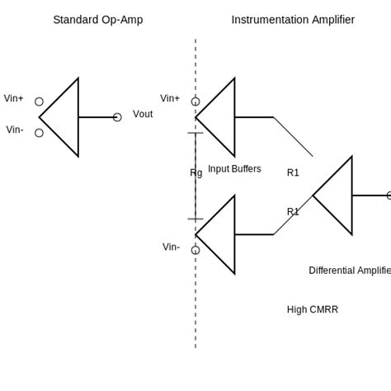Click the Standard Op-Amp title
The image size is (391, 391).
coord(97,20)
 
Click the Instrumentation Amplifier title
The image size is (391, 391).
coord(293,20)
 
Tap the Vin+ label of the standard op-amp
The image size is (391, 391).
coord(14,98)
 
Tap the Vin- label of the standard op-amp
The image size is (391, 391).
coord(15,130)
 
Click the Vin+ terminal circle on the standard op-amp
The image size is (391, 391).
coord(39,101)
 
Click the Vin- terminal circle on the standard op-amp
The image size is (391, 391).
coord(39,133)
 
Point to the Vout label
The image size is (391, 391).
coord(143,114)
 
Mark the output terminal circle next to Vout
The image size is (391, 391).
coord(117,117)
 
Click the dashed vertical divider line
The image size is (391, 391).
coord(195,313)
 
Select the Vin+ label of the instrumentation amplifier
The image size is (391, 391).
coord(170,98)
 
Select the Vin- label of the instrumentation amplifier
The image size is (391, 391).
coord(171,247)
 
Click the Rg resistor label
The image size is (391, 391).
coord(196,172)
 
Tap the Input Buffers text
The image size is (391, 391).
coord(234,169)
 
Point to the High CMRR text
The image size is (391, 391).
coord(313,309)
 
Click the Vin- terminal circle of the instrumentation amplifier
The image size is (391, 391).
coord(195,250)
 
